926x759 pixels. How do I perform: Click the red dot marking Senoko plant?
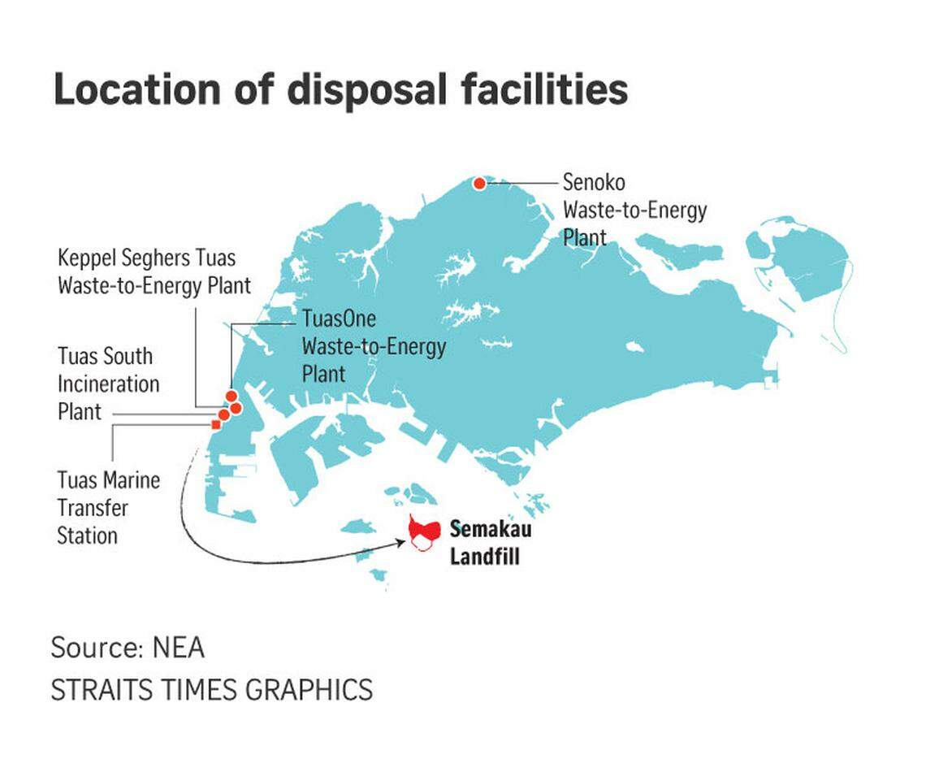coord(480,183)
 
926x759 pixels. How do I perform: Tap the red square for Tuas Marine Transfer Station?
coord(215,424)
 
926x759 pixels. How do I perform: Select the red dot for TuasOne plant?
coord(231,396)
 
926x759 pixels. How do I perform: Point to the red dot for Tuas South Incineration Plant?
coord(224,415)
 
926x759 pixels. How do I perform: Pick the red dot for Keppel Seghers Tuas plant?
coord(236,408)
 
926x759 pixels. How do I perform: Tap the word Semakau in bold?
coord(484,530)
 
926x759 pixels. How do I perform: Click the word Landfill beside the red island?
coord(484,557)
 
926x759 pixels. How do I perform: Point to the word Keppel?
coord(87,258)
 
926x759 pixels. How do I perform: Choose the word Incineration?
coord(109,384)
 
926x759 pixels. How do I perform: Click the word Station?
coord(87,536)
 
